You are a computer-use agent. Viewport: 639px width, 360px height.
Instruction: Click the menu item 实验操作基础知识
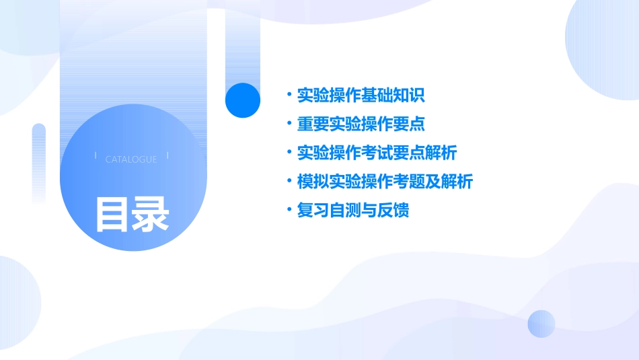(361, 95)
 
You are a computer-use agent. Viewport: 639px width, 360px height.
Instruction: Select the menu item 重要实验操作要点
(361, 124)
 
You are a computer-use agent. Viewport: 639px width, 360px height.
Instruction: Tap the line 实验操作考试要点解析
(377, 153)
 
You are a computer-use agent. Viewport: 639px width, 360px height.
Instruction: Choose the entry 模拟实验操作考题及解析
(385, 182)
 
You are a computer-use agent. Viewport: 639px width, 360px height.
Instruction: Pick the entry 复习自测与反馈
(353, 211)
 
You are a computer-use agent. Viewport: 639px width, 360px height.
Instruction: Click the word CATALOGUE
(131, 159)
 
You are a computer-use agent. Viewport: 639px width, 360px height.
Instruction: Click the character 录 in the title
(151, 215)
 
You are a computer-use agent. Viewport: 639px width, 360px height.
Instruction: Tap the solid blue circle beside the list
(243, 100)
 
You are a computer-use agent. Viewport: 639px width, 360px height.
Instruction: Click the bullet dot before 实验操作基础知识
(289, 95)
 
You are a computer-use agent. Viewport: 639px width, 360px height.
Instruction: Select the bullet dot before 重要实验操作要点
(289, 124)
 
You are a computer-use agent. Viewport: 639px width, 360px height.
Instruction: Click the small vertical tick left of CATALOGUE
(96, 155)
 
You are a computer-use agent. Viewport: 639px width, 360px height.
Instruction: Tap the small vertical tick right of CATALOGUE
(167, 155)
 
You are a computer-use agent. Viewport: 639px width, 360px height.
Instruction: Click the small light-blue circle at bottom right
(541, 324)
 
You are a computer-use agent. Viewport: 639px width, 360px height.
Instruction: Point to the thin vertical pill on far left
(39, 161)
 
